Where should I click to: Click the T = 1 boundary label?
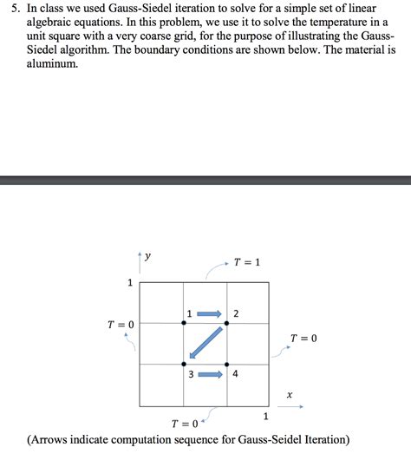247,261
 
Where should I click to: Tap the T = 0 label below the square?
184,424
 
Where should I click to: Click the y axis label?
148,256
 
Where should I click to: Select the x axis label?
290,394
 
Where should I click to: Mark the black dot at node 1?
184,322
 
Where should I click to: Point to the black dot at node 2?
226,322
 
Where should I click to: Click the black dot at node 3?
184,365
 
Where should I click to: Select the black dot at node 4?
226,365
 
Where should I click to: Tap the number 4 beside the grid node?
235,375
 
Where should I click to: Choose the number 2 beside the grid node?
236,313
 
